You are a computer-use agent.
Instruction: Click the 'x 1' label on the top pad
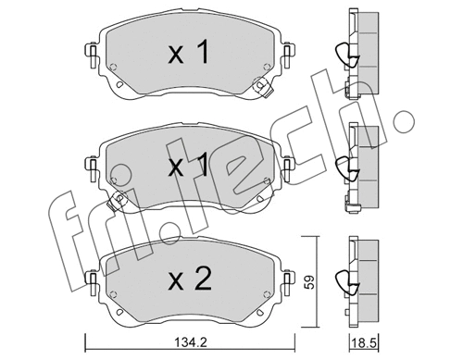click(x=188, y=55)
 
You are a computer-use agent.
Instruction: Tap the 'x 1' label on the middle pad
click(x=188, y=167)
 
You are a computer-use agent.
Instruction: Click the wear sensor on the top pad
click(x=260, y=91)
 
